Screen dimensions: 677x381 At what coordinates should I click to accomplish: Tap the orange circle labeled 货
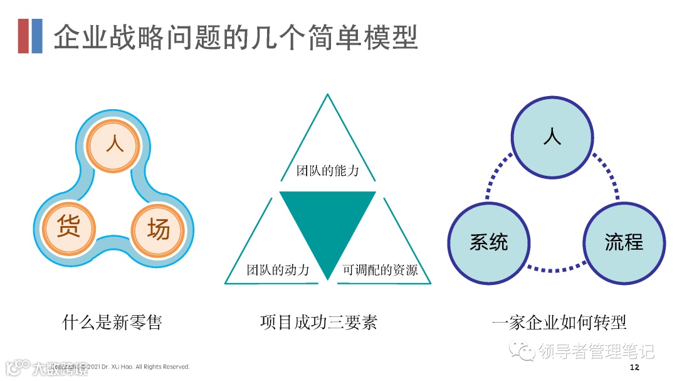pyautogui.click(x=69, y=228)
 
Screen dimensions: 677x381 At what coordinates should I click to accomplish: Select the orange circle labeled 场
pyautogui.click(x=159, y=229)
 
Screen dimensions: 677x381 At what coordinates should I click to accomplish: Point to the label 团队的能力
pyautogui.click(x=327, y=170)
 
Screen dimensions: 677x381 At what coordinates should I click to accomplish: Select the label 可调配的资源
pyautogui.click(x=380, y=271)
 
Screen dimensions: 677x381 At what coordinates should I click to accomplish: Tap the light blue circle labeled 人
pyautogui.click(x=552, y=137)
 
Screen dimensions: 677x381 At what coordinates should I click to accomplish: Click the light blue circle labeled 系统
pyautogui.click(x=489, y=242)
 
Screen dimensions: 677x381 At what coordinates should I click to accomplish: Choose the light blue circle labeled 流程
pyautogui.click(x=624, y=242)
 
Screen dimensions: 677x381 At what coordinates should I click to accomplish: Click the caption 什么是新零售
pyautogui.click(x=112, y=323)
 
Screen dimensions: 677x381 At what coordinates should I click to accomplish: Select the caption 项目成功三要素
pyautogui.click(x=318, y=323)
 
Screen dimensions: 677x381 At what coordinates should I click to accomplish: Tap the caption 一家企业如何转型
pyautogui.click(x=560, y=323)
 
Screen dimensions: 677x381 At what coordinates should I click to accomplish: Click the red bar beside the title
pyautogui.click(x=23, y=36)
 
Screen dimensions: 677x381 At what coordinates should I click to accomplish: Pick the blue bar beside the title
pyautogui.click(x=37, y=36)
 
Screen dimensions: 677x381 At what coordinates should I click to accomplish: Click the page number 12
pyautogui.click(x=634, y=367)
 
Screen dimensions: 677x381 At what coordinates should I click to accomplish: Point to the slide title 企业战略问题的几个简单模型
pyautogui.click(x=236, y=36)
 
